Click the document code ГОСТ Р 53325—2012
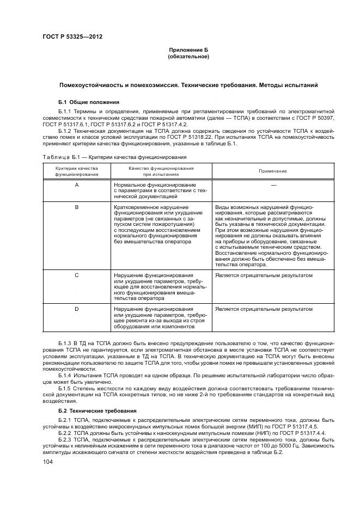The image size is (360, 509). tap(72, 37)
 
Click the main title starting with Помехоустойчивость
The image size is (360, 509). tap(188, 85)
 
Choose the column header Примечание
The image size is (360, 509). tap(273, 171)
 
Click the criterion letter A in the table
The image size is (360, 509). tap(76, 186)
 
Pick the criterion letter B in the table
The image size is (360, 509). tap(76, 208)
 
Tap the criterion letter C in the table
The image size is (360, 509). tap(76, 275)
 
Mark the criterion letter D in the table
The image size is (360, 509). tap(76, 309)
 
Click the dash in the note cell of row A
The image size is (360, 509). tap(273, 186)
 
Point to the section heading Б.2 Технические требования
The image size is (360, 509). tap(97, 410)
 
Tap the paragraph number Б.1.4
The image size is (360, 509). tap(65, 376)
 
